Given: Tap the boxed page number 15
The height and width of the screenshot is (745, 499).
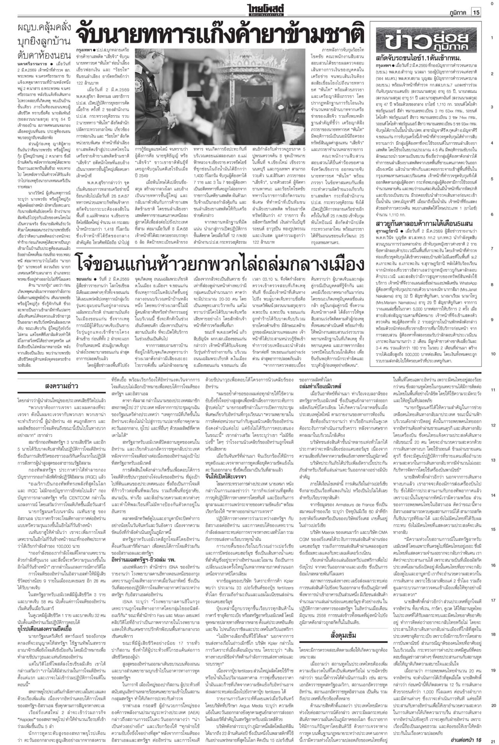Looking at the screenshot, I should [x=476, y=13].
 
